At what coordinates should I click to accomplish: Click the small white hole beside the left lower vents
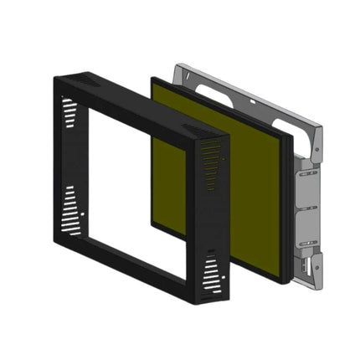pos(82,215)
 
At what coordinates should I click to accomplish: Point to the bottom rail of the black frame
pos(134,268)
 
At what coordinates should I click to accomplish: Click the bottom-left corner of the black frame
pos(57,239)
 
